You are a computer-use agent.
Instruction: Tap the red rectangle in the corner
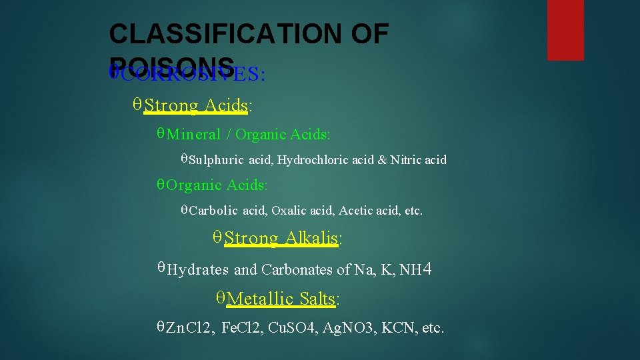(565, 29)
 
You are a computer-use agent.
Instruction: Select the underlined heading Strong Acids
(196, 105)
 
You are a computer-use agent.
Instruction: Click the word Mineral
(193, 134)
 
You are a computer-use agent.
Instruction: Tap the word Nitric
(405, 160)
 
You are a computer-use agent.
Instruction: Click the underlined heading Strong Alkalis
(281, 238)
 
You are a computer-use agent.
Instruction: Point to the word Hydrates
(197, 270)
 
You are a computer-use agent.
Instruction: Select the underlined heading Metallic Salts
(281, 299)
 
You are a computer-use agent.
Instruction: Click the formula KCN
(400, 327)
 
